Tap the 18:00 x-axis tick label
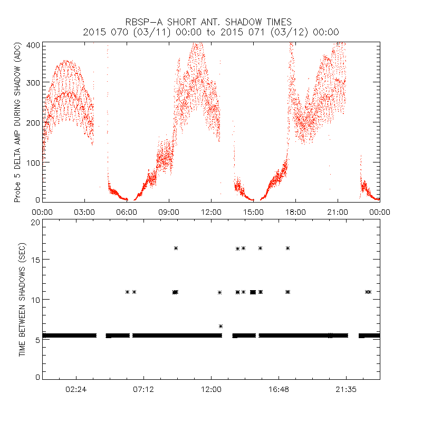tap(295, 212)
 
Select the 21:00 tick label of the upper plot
tap(338, 212)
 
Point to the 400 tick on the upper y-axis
tap(33, 44)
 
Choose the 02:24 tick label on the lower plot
tap(76, 389)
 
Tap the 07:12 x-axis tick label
tap(143, 389)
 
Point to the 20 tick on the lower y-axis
tap(36, 222)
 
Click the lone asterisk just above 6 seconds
tap(221, 326)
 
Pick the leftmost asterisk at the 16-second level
tap(176, 248)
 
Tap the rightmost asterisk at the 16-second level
tap(288, 248)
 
